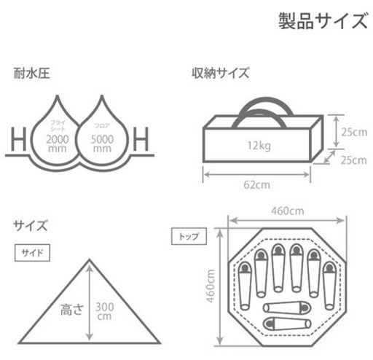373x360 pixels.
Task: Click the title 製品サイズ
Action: click(x=323, y=21)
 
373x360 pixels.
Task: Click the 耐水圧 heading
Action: click(x=32, y=73)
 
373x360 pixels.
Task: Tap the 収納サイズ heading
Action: click(x=220, y=73)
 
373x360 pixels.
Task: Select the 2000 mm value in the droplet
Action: click(x=58, y=144)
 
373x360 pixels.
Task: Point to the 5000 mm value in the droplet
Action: click(x=102, y=144)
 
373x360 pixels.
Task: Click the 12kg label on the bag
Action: click(x=259, y=146)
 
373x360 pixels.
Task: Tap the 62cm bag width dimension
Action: click(x=256, y=185)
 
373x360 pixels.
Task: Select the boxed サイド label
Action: click(x=32, y=253)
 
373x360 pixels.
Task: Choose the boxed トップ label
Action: click(x=189, y=236)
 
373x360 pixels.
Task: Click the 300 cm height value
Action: click(x=104, y=311)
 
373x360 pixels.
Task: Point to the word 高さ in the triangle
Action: click(x=72, y=310)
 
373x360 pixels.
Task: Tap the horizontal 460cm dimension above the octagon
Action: click(x=288, y=211)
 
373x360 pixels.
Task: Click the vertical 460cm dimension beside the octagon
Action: click(x=211, y=286)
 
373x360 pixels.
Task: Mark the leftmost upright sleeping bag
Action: click(x=245, y=286)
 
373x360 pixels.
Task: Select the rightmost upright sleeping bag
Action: click(x=330, y=286)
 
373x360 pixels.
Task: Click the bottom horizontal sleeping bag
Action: click(x=287, y=324)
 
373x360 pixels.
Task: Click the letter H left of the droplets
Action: click(x=19, y=139)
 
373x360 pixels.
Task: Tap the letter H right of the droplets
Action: click(x=141, y=139)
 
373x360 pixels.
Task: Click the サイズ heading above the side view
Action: click(x=30, y=226)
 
